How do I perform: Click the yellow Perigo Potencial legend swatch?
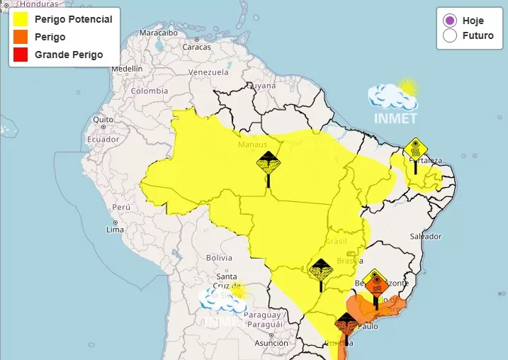pyautogui.click(x=21, y=19)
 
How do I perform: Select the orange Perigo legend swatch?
pyautogui.click(x=21, y=37)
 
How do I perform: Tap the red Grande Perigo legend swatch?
pyautogui.click(x=21, y=55)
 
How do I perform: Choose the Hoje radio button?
pyautogui.click(x=449, y=21)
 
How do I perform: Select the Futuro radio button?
pyautogui.click(x=449, y=35)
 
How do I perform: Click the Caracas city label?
pyautogui.click(x=196, y=47)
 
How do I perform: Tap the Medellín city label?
pyautogui.click(x=127, y=69)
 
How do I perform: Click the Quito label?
pyautogui.click(x=103, y=120)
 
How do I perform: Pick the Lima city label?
pyautogui.click(x=115, y=230)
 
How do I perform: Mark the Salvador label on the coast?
pyautogui.click(x=425, y=236)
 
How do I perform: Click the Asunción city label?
pyautogui.click(x=271, y=342)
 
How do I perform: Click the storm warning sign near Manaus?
pyautogui.click(x=269, y=164)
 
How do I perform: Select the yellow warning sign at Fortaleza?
pyautogui.click(x=415, y=150)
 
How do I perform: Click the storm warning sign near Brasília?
pyautogui.click(x=321, y=271)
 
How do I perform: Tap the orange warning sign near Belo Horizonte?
pyautogui.click(x=376, y=281)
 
